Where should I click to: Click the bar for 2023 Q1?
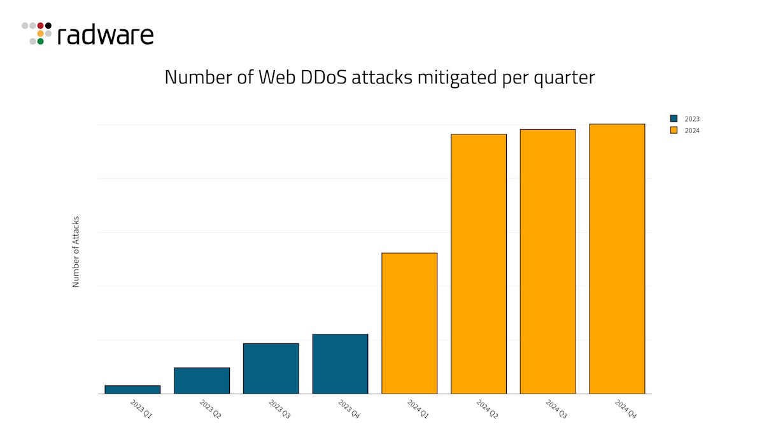(132, 389)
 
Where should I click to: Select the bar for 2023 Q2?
(202, 380)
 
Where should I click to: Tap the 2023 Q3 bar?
(271, 368)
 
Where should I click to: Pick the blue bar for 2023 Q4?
(340, 364)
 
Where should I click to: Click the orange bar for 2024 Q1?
(409, 323)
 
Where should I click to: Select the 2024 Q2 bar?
(479, 264)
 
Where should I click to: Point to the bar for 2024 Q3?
(548, 261)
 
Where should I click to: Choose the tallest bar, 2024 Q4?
(617, 259)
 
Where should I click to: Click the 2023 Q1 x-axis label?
(141, 408)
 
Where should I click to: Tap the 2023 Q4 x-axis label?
(348, 408)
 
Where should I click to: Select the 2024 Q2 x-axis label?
(487, 408)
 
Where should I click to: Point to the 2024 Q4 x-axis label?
(625, 408)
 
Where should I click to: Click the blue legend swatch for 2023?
(674, 118)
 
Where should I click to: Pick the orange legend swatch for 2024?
(674, 130)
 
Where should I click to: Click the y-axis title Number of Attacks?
(76, 252)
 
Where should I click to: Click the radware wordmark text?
(105, 35)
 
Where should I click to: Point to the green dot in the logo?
(40, 41)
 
